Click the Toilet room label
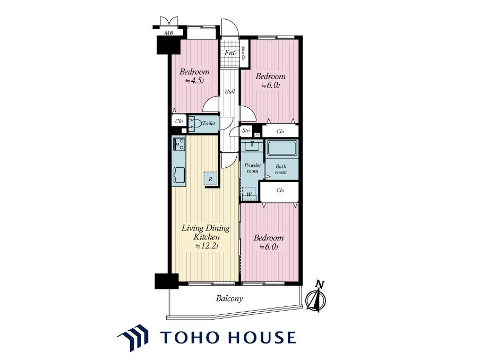[209, 123]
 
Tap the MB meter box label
[168, 33]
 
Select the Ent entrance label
[229, 53]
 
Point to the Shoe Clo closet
[244, 53]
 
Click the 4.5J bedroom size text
[194, 81]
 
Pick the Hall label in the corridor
[229, 91]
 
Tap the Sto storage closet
[246, 131]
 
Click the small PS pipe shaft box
[258, 135]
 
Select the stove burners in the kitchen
[179, 144]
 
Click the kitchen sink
[179, 175]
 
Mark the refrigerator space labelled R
[210, 179]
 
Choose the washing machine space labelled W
[249, 193]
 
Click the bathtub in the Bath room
[282, 148]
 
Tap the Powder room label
[253, 168]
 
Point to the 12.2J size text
[207, 246]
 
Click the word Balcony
[229, 298]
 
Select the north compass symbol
[317, 297]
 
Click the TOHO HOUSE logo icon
[133, 338]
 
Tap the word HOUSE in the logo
[262, 337]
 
